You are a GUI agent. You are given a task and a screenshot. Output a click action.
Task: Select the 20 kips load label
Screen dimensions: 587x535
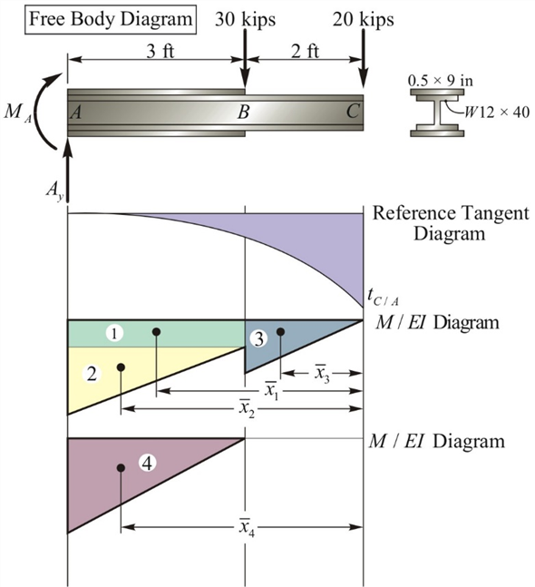pos(363,17)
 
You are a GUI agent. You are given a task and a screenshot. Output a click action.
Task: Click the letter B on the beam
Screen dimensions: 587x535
pos(242,113)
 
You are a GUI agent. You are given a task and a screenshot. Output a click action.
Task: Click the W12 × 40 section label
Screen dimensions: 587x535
pos(497,113)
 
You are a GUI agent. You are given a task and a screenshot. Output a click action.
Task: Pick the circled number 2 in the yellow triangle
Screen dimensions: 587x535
pos(90,374)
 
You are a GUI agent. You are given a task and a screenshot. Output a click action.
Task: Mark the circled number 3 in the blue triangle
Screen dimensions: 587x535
pos(259,339)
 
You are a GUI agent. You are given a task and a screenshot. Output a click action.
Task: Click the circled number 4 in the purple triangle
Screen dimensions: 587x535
pos(149,462)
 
